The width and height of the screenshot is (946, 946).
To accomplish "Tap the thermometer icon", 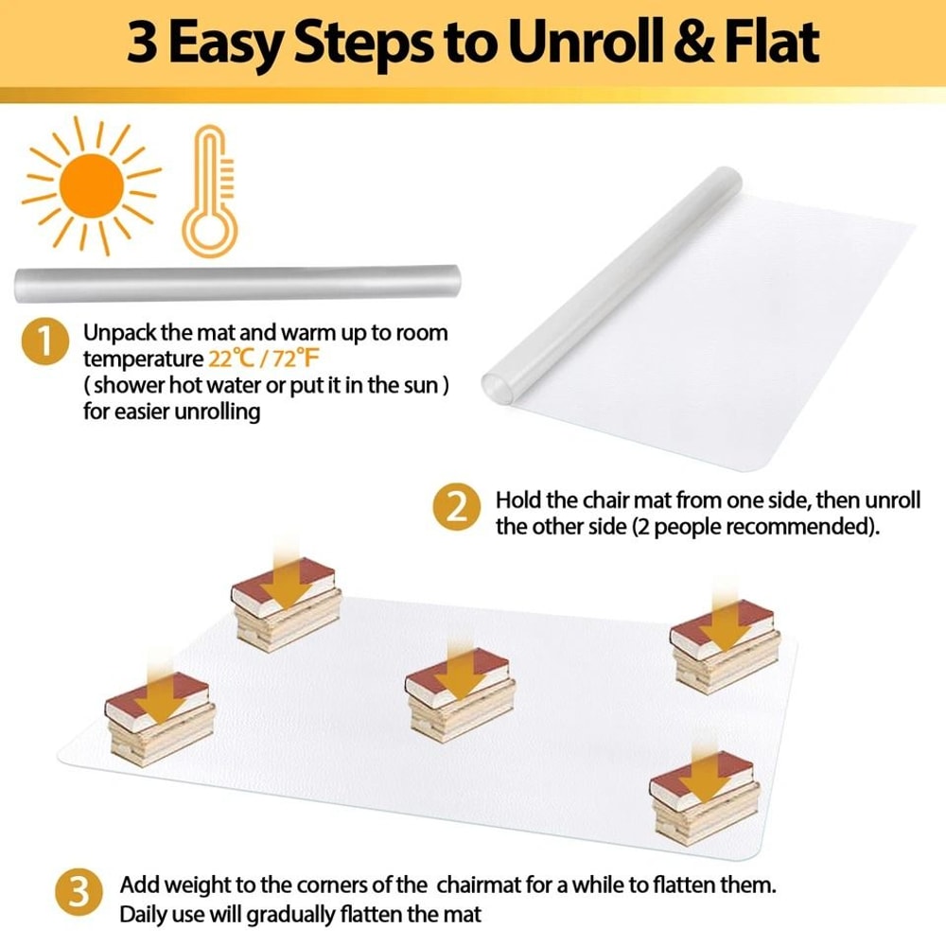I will click(x=209, y=193).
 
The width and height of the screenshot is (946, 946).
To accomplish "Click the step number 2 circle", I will click(x=457, y=510).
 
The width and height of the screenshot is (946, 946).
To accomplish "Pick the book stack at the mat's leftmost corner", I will click(x=160, y=718).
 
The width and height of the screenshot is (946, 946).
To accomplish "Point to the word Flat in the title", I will click(x=773, y=44).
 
